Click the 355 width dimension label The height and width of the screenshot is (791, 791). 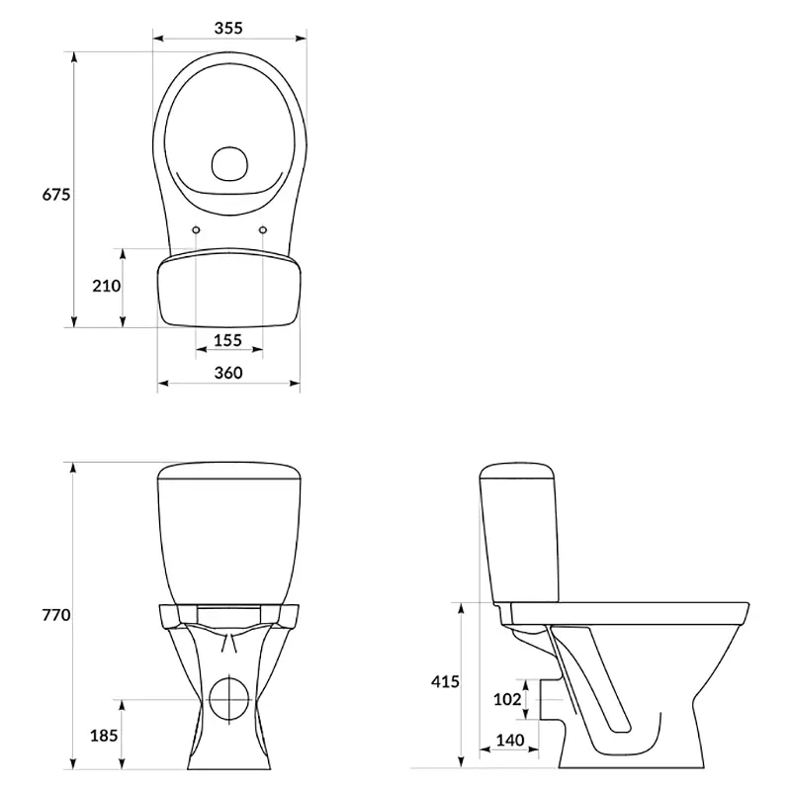pos(228,28)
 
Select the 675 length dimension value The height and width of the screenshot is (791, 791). pos(56,194)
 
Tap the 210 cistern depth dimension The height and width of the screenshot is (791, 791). pos(107,286)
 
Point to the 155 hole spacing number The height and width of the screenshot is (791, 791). pos(228,340)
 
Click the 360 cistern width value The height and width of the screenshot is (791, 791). pos(228,373)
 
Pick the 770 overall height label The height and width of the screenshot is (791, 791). pos(56,615)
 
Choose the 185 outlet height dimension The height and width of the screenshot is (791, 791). pos(104,736)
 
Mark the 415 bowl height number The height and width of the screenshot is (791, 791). pos(445,682)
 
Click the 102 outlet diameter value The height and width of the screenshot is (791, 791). pos(507,699)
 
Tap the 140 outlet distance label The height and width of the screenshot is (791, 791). pos(510,741)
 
